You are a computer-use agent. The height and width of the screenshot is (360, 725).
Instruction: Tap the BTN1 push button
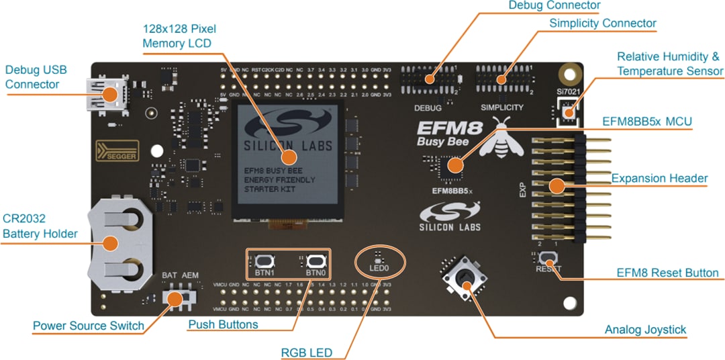click(263, 261)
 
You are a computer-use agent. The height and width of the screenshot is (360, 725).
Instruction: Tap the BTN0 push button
click(315, 261)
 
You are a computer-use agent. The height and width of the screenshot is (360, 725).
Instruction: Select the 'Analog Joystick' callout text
click(645, 330)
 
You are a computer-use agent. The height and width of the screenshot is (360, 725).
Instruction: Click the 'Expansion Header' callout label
click(659, 178)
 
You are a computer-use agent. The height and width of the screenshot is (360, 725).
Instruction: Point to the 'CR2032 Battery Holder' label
click(40, 226)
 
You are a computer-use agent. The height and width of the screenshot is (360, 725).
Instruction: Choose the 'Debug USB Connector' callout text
click(36, 77)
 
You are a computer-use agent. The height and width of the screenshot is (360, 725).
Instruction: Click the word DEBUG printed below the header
click(427, 107)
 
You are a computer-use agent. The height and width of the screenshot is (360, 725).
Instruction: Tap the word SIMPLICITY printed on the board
click(502, 107)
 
